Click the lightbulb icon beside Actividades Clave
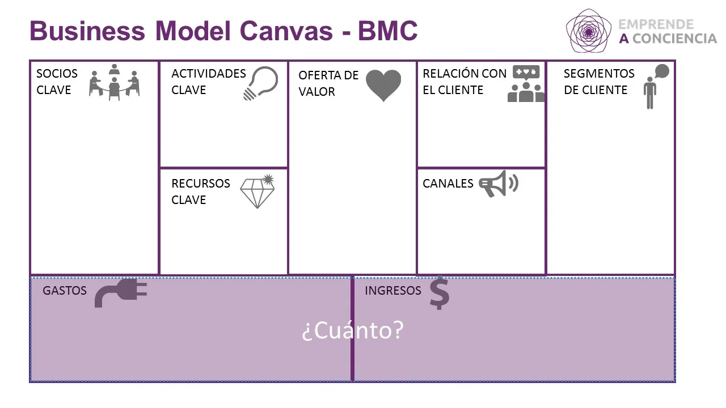pos(260,83)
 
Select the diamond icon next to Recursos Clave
pos(258,192)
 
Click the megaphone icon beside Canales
pos(498,184)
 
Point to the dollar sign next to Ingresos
pos(439,294)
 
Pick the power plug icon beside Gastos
pos(120,292)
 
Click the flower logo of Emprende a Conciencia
pos(589,31)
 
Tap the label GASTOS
pos(65,291)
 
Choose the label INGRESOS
pos(392,291)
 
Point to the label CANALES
pos(448,184)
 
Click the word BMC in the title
pos(387,31)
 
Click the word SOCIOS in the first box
pos(57,74)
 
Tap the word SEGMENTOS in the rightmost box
pos(599,74)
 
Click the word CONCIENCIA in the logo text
pos(674,39)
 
